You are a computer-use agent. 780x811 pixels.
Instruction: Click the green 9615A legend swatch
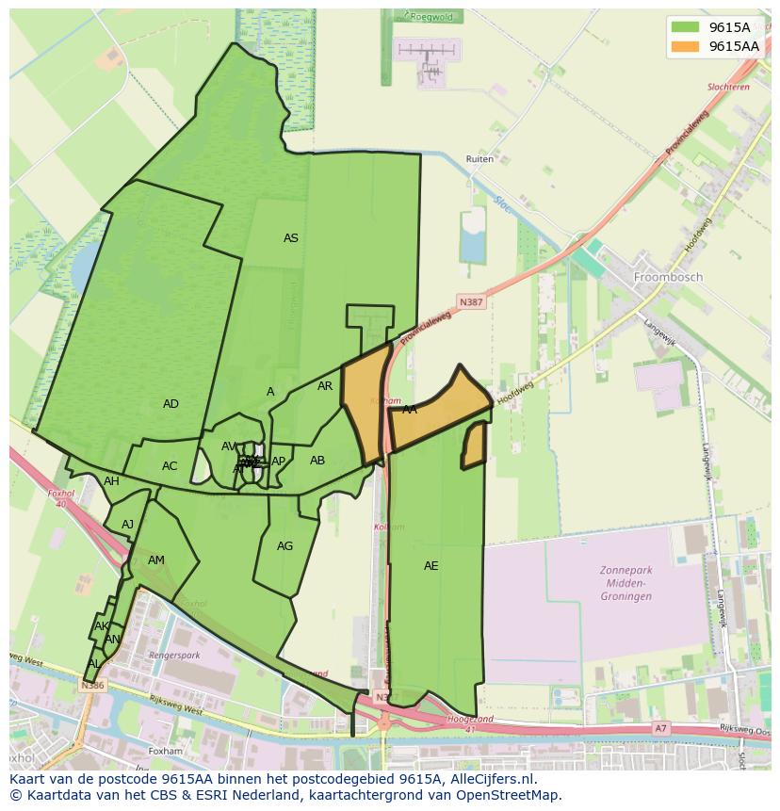tap(684, 27)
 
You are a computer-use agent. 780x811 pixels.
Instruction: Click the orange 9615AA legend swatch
tap(684, 46)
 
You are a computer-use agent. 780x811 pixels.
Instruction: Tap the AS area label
tap(291, 238)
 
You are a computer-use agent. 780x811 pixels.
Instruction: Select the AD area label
tap(171, 404)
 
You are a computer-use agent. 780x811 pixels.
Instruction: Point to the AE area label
tap(431, 566)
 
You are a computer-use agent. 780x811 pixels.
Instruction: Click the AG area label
tap(285, 546)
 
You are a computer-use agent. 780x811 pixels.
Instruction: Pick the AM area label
tap(156, 560)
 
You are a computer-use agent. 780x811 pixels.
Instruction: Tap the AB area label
tap(317, 461)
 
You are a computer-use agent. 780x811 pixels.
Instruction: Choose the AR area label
tap(325, 386)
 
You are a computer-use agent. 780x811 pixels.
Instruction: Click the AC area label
tap(170, 466)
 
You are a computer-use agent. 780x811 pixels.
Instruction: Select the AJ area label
tap(128, 525)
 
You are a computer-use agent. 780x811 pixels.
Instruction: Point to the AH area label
tap(112, 481)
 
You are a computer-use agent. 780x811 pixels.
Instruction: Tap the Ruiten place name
tap(479, 159)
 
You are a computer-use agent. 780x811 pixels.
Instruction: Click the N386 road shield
tap(92, 686)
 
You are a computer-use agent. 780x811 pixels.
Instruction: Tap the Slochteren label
tap(728, 87)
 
